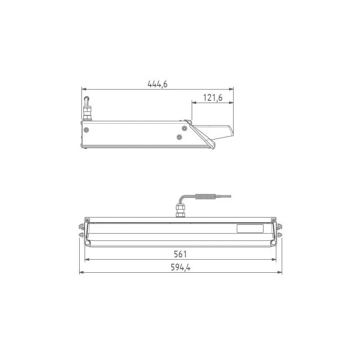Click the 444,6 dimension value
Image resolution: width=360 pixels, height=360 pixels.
click(x=157, y=84)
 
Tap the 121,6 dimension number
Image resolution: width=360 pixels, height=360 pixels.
click(x=213, y=98)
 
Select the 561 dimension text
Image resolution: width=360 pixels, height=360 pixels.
click(x=180, y=255)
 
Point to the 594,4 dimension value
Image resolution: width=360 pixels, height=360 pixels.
click(x=180, y=267)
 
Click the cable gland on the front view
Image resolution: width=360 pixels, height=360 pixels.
click(x=180, y=211)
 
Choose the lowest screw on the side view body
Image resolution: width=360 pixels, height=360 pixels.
click(x=179, y=136)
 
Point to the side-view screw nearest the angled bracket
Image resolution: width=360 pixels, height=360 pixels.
click(x=183, y=128)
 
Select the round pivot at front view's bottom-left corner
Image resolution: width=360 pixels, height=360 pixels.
click(x=88, y=243)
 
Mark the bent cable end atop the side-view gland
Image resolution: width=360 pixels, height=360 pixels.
click(x=85, y=99)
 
